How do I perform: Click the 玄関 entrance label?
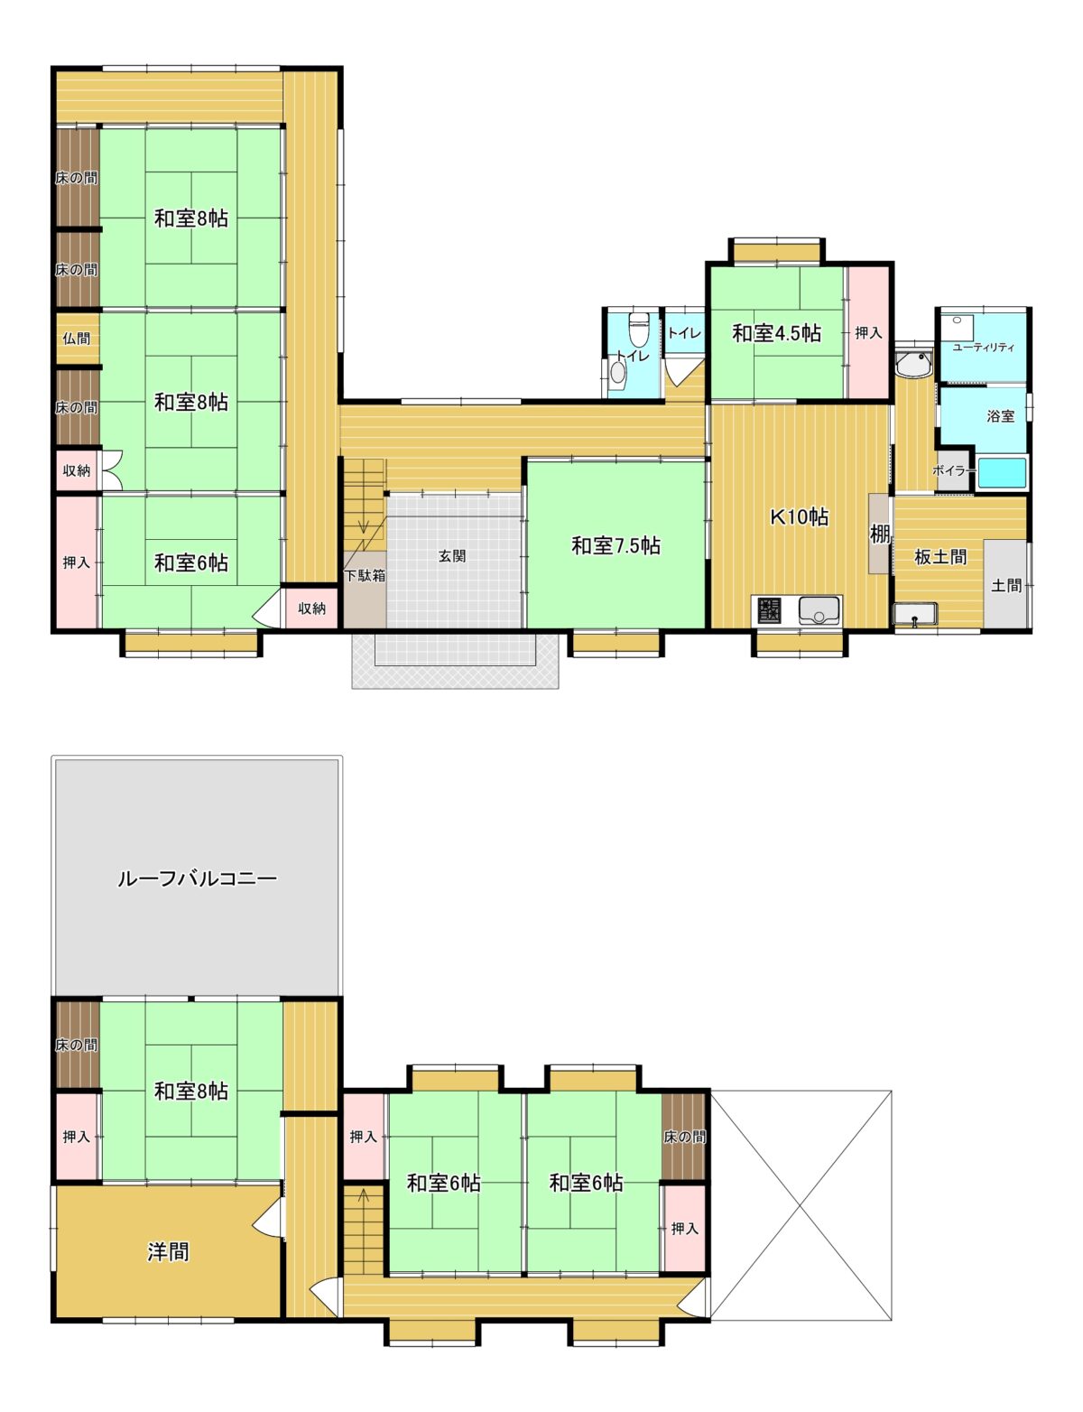[451, 556]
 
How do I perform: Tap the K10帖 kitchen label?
[799, 516]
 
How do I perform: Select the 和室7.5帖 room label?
[616, 545]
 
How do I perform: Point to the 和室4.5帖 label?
[776, 333]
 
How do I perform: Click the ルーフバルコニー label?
[197, 878]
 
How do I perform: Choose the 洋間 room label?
[168, 1251]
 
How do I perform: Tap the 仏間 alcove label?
[76, 339]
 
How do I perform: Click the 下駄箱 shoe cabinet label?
[365, 576]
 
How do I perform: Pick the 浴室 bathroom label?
[1000, 416]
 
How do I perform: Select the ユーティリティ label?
[983, 347]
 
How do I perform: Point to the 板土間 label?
[940, 557]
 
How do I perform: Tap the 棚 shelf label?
[879, 534]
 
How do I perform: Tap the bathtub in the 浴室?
[1002, 473]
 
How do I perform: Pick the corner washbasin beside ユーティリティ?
[914, 363]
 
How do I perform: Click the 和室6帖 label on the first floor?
[191, 562]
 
